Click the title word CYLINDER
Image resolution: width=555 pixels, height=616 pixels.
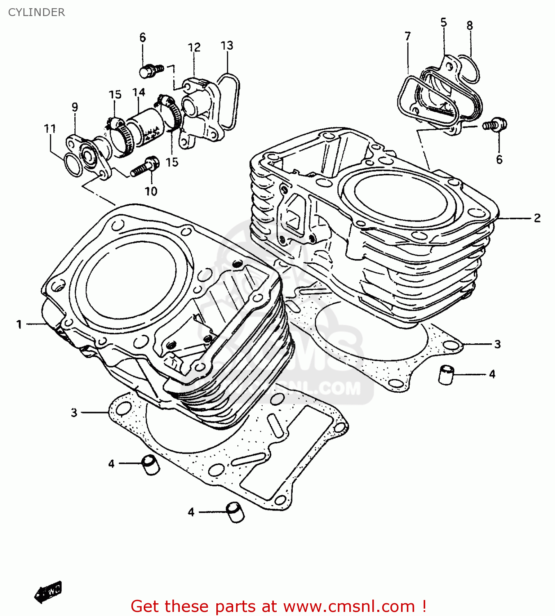tap(37, 12)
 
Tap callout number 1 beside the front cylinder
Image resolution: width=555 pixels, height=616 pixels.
tap(19, 324)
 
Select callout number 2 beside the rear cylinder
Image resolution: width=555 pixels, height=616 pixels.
tap(537, 218)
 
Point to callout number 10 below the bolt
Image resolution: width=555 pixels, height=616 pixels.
tap(151, 191)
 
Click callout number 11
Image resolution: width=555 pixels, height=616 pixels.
tap(50, 129)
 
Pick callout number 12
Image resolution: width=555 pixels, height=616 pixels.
tap(194, 48)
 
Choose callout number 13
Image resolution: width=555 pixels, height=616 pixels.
tap(227, 45)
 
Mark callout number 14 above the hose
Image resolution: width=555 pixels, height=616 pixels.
tap(139, 92)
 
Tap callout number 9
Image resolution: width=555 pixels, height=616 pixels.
tap(75, 107)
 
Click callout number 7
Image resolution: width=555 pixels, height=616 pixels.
tap(407, 36)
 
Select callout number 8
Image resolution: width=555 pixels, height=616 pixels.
tap(470, 25)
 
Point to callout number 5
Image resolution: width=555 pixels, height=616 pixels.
tap(443, 22)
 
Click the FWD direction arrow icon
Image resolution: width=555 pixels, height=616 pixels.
tap(48, 592)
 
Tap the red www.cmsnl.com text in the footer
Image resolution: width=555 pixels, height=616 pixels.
tap(349, 606)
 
